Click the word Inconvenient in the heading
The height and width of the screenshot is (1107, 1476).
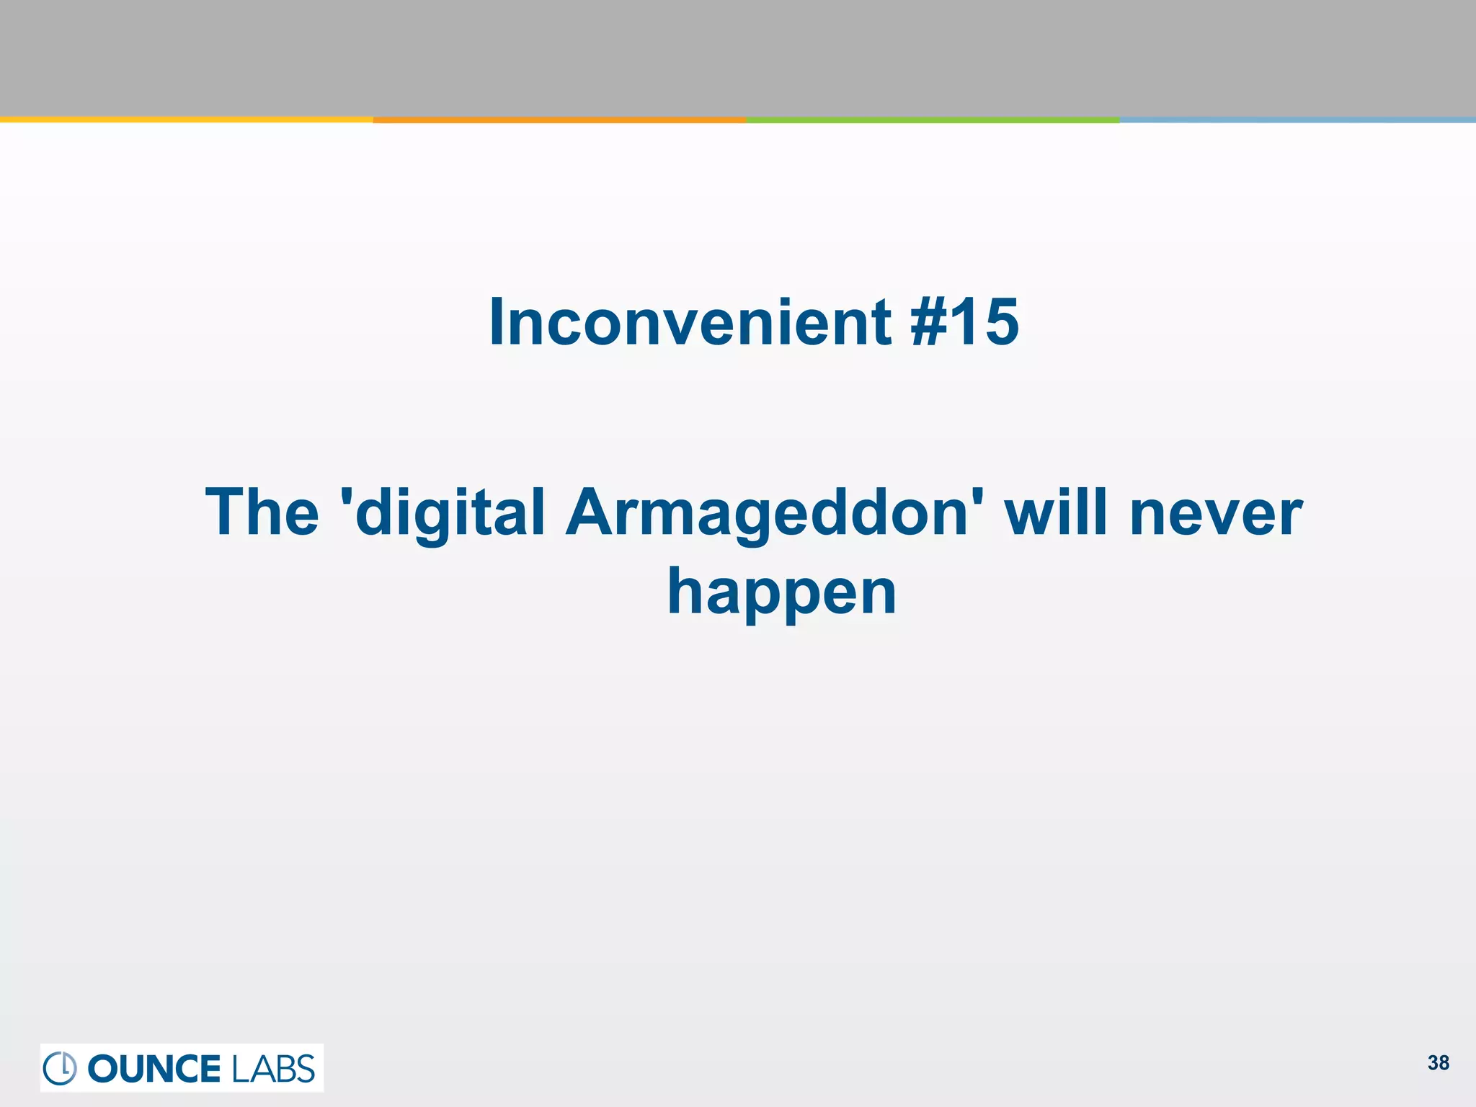pyautogui.click(x=690, y=322)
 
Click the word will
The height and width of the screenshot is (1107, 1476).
pyautogui.click(x=1056, y=512)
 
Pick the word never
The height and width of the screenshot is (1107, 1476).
pyautogui.click(x=1216, y=512)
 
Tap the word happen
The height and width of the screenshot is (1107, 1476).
pyautogui.click(x=782, y=592)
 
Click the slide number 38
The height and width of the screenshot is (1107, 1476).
pyautogui.click(x=1438, y=1063)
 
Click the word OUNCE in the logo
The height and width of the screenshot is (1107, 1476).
pyautogui.click(x=154, y=1069)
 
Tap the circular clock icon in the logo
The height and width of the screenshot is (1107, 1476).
pyautogui.click(x=60, y=1068)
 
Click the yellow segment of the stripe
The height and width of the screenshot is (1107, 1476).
pyautogui.click(x=186, y=120)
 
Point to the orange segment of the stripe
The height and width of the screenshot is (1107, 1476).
pyautogui.click(x=559, y=120)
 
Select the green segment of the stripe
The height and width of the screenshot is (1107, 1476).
pyautogui.click(x=933, y=120)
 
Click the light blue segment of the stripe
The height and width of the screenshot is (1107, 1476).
pyautogui.click(x=1297, y=120)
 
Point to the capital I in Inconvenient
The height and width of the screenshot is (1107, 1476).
pyautogui.click(x=496, y=322)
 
